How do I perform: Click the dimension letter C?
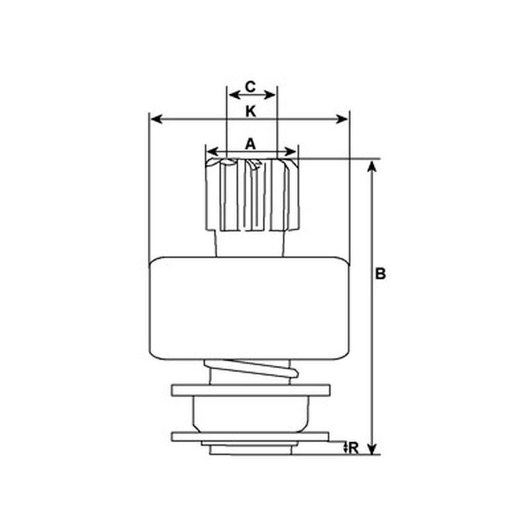point(251,87)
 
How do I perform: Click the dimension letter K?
point(251,111)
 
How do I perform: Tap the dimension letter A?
point(251,144)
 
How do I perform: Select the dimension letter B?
point(380,274)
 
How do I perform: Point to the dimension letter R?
point(353,448)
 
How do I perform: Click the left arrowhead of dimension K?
point(157,119)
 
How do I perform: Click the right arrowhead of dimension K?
point(342,119)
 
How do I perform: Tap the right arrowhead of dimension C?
point(270,95)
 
